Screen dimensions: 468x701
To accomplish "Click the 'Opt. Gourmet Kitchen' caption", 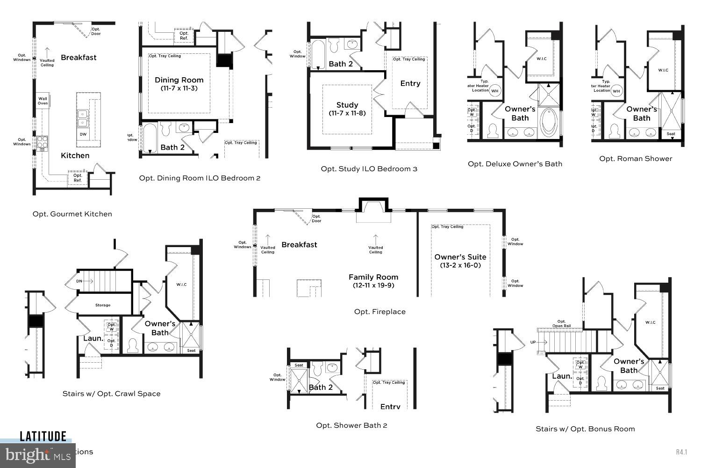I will pos(72,214).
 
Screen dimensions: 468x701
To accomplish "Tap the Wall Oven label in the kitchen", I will pos(43,101).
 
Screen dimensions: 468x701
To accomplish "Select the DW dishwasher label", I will pos(83,134).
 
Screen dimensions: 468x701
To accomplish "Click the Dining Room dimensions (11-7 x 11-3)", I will pos(179,88).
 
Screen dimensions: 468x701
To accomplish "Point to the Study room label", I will pos(347,105).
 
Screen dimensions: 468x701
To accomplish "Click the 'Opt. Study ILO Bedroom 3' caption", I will pos(369,169).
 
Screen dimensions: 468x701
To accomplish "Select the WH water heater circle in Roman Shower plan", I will pos(616,91).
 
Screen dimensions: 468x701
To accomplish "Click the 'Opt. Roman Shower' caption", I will pos(636,159).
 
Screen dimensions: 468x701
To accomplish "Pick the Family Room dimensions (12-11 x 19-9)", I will pos(373,285).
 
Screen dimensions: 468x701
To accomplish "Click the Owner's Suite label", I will pos(460,257).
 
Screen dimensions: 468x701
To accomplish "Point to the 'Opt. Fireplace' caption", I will pos(379,312).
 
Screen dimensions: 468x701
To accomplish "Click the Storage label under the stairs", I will pos(103,305).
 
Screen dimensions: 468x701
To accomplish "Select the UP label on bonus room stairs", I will pos(533,342).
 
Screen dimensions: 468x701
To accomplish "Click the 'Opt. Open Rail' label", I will pos(561,323).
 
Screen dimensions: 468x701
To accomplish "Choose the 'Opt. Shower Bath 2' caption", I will pos(351,425).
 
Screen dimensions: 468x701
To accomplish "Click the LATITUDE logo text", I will pos(43,437).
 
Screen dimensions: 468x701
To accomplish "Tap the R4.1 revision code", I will pos(681,452).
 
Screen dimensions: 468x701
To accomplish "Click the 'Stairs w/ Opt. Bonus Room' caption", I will pos(585,429).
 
